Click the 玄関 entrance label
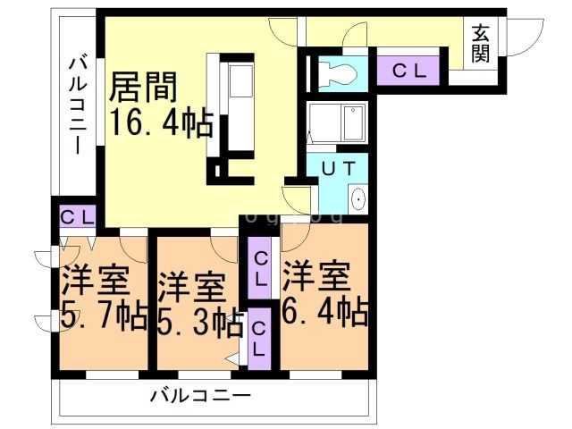tap(481, 42)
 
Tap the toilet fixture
tap(338, 71)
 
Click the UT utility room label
tap(339, 166)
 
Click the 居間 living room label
tap(145, 88)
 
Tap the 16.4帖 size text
tap(161, 122)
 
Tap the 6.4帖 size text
tap(324, 313)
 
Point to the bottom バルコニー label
tap(200, 393)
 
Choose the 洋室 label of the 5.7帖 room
tap(95, 282)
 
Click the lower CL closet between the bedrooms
tap(258, 338)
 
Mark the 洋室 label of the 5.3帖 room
tap(190, 288)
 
